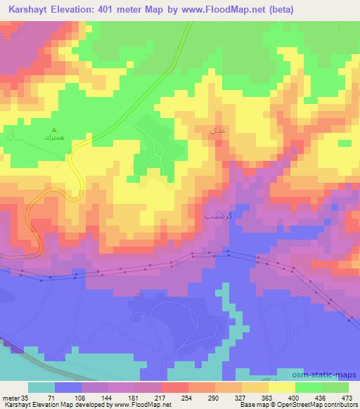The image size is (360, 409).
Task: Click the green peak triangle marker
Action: point(54,128)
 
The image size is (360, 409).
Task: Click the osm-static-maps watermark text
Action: point(324,375)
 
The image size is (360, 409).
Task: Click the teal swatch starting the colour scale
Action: point(41,387)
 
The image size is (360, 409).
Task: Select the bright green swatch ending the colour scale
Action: point(335,387)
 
